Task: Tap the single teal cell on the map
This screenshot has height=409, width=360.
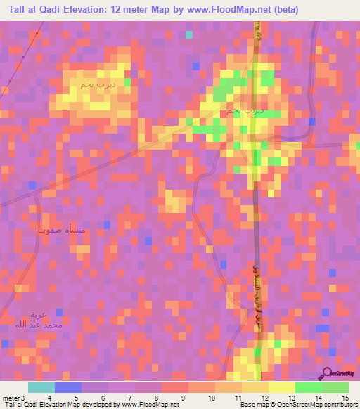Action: [x=188, y=34]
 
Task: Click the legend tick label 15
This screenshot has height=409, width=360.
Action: [x=345, y=398]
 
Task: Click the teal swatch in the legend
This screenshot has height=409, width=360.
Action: [x=41, y=387]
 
